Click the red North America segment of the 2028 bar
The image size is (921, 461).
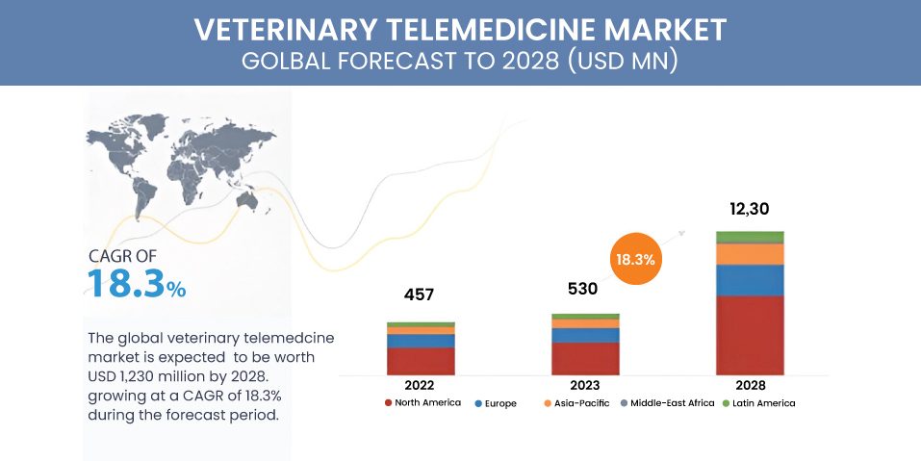(x=749, y=334)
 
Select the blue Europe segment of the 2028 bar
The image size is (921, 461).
(x=749, y=279)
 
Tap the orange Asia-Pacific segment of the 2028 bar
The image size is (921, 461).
(x=749, y=253)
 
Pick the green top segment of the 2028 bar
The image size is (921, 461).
(x=749, y=237)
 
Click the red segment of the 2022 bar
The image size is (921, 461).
(x=421, y=360)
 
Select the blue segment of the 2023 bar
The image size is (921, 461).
(x=585, y=335)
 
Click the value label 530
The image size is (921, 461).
(x=582, y=288)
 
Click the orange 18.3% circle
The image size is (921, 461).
(x=633, y=259)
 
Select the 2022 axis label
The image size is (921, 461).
(x=421, y=385)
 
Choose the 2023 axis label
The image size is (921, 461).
(x=585, y=385)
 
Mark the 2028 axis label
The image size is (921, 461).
(x=750, y=385)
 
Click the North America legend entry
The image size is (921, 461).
(x=422, y=403)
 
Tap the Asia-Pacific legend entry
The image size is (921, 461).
(x=576, y=403)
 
